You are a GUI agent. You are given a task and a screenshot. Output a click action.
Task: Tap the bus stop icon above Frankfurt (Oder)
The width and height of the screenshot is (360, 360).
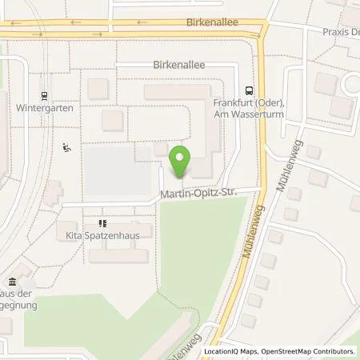tap(250, 90)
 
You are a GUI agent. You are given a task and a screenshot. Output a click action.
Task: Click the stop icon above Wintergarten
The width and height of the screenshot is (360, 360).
tap(43, 93)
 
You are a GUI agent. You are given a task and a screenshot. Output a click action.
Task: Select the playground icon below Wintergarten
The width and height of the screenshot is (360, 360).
tap(65, 146)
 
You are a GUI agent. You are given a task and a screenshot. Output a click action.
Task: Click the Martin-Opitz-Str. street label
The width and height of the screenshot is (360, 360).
tap(209, 195)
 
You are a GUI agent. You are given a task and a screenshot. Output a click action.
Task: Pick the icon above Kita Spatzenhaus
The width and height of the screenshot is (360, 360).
tap(101, 224)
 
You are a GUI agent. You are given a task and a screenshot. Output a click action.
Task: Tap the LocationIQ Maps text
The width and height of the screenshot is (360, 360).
tap(230, 350)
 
